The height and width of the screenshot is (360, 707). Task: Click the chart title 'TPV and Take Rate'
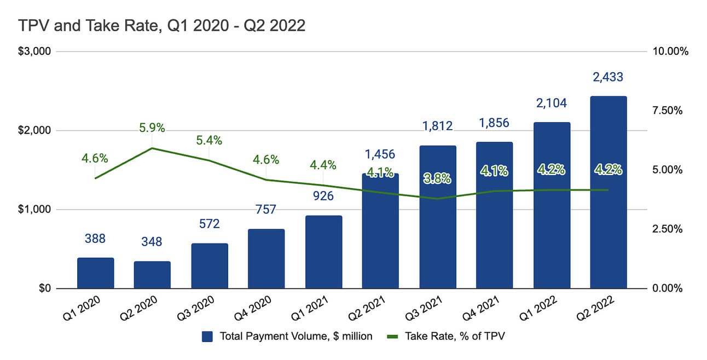[x=162, y=26]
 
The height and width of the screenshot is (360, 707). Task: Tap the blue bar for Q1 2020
[x=95, y=273]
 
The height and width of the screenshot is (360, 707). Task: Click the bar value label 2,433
[x=608, y=77]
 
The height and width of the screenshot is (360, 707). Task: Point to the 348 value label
[x=152, y=241]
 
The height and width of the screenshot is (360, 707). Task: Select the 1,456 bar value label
[x=380, y=154]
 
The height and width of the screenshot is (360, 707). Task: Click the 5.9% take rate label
[x=152, y=129]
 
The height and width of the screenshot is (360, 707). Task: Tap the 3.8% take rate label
[x=438, y=178]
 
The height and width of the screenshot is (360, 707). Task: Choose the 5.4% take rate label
[x=209, y=140]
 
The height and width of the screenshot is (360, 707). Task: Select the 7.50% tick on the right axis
[x=668, y=111]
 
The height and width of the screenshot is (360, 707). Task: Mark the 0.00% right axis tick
[x=668, y=288]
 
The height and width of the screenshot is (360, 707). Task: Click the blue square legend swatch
[x=207, y=336]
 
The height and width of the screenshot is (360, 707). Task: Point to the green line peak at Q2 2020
[x=152, y=148]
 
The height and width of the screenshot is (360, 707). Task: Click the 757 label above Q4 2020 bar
[x=266, y=210]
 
